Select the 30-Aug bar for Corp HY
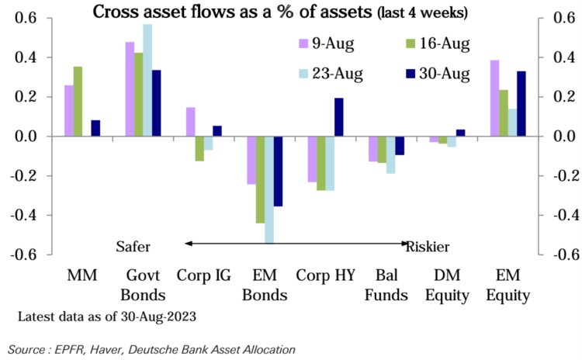338,117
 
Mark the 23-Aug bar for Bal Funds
391,154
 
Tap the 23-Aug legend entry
326,74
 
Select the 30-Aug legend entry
435,74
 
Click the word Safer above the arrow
133,246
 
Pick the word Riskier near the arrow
428,246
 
